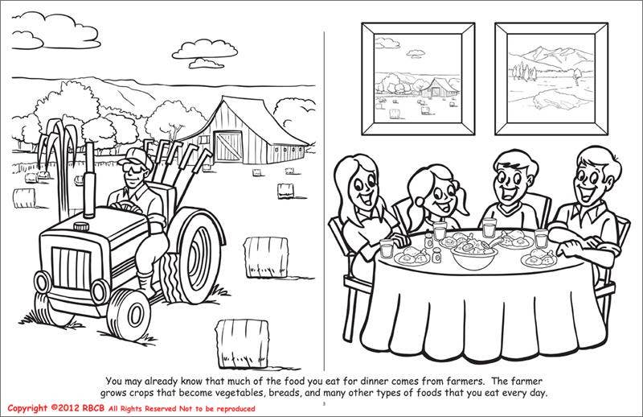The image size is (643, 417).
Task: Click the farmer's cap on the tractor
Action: pos(129,162)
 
